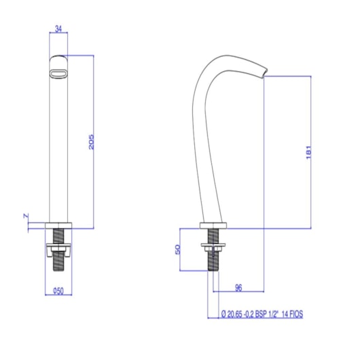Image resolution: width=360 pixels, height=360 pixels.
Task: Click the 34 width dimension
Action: [59, 29]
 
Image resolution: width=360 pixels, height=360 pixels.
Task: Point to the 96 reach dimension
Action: [238, 287]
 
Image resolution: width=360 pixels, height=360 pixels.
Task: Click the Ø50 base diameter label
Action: [58, 291]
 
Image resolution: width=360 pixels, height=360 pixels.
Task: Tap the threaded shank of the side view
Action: [213, 255]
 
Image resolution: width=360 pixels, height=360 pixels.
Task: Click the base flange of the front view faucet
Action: [59, 225]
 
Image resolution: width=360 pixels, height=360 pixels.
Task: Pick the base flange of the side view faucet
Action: [213, 226]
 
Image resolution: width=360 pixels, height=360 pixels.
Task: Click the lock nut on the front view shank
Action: [59, 252]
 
